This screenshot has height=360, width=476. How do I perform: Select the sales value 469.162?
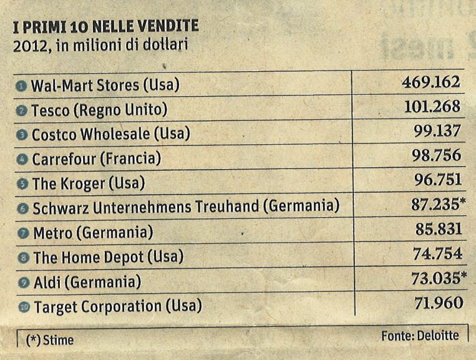431,82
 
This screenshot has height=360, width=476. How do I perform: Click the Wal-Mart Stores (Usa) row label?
105,85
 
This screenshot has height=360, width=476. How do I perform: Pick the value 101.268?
432,107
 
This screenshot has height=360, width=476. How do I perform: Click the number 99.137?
436,131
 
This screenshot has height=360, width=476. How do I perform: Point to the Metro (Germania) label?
93,233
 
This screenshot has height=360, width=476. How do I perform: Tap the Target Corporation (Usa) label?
118,306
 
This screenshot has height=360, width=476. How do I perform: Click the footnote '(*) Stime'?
49,340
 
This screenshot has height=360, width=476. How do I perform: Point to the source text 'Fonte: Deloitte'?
420,336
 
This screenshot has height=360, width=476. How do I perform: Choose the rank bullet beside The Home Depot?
23,257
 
